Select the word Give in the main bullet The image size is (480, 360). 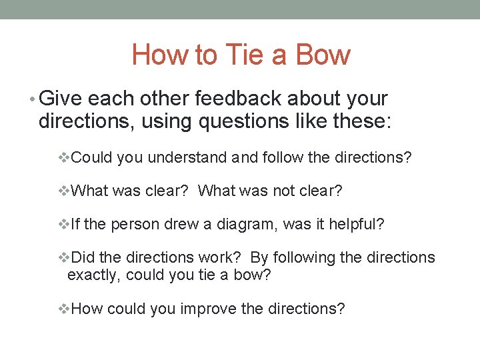click(61, 99)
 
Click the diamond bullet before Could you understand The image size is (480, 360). click(64, 158)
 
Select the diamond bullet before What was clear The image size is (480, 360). click(64, 191)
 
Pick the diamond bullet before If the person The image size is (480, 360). click(64, 225)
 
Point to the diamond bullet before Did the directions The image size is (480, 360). click(64, 258)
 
